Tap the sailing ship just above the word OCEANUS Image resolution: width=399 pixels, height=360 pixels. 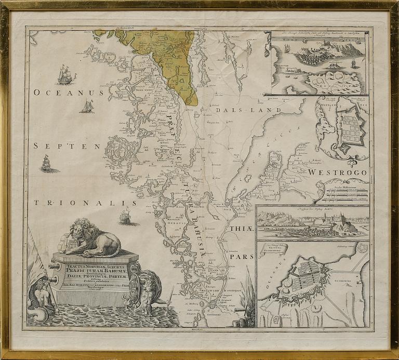[x=65, y=76]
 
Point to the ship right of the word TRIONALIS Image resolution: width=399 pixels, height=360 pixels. [x=125, y=216]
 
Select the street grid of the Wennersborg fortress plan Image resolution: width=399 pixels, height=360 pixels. [x=348, y=128]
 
